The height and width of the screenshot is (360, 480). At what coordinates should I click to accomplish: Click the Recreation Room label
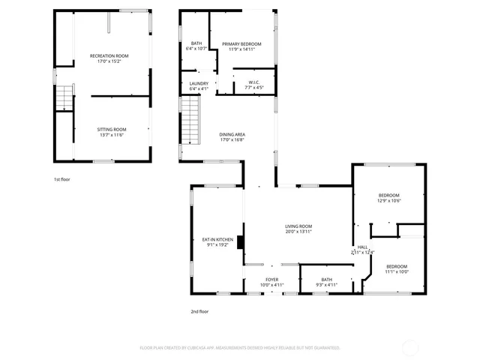coord(109,56)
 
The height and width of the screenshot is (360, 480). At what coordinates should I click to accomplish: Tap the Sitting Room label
coord(109,129)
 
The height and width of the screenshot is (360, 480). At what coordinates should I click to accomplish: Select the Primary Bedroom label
coord(241,44)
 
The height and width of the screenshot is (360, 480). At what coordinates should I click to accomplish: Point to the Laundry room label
coord(198,83)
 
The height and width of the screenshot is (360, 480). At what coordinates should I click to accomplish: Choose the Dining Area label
coord(232,134)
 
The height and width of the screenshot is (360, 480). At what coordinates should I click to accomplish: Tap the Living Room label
coord(298,226)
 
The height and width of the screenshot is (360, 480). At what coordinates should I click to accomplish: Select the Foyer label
coord(271,280)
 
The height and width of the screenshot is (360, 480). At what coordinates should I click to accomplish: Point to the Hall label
coord(362,247)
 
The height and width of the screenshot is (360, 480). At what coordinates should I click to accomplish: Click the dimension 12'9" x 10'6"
coord(388,200)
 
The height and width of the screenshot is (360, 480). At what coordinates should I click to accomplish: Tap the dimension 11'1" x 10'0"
coord(397,271)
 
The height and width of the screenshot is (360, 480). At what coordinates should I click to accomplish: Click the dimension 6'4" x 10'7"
coord(196,49)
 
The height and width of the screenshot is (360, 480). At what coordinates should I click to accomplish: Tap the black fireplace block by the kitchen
coord(240,241)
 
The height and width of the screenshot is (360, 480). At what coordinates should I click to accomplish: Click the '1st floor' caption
coord(61,180)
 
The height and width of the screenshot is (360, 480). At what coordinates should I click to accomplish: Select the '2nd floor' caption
coord(199,311)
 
